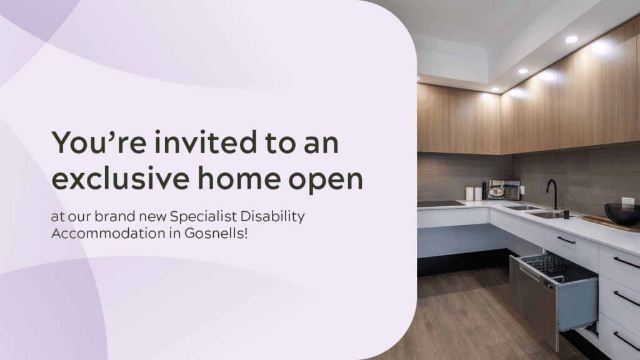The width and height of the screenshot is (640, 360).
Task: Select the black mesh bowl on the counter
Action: (622, 214)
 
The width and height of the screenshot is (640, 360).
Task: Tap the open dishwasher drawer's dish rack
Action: (544, 266)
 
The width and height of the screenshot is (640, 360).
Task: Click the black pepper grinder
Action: (484, 191)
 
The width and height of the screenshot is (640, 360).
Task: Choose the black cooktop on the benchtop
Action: (441, 204)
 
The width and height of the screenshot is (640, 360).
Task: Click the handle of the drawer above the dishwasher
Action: (566, 240)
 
